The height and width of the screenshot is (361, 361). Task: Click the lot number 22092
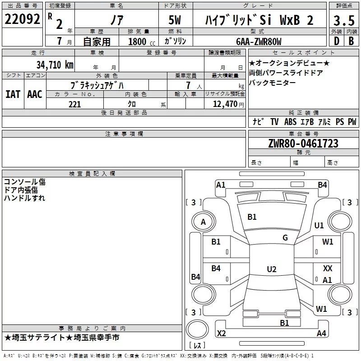pos(23,19)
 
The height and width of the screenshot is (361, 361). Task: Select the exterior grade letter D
pos(336,41)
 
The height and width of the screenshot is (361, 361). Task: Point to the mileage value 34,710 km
pos(55,65)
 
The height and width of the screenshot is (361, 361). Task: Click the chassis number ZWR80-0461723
pos(303,144)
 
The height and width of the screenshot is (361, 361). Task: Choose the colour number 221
pos(74,104)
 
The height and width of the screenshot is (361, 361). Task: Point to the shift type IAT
pos(13,94)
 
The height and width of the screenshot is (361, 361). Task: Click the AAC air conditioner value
pos(35,94)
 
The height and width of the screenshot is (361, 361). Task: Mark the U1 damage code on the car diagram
pos(319,226)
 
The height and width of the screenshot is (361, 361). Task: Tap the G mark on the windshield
pos(285,238)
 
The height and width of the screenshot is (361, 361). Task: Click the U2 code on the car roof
pos(271,269)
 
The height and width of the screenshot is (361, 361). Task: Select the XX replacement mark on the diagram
pos(328,268)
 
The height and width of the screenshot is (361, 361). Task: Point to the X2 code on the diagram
pos(222,333)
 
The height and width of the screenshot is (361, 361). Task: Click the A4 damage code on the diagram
pos(321,333)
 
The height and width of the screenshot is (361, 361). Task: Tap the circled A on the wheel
pos(203,222)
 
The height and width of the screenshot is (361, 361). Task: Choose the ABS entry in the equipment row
pos(290,122)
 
